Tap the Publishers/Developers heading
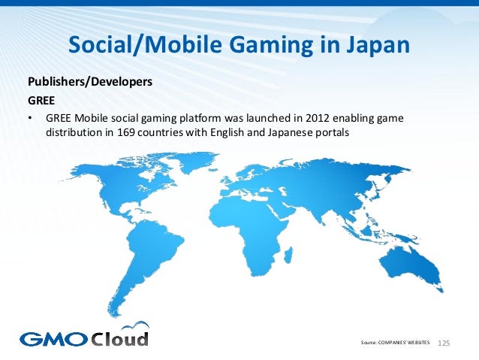coord(90,81)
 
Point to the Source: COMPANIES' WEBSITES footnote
coord(396,343)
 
